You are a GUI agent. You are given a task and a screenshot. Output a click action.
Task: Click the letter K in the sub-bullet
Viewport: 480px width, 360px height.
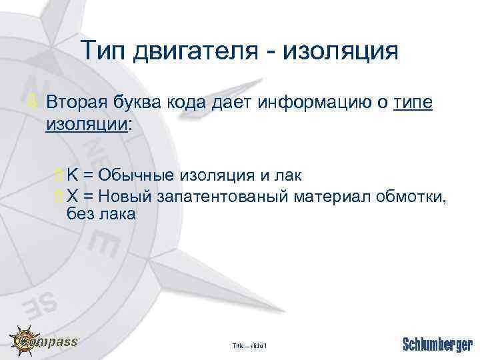73,175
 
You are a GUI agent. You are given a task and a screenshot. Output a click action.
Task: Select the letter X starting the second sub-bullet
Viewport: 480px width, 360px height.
73,197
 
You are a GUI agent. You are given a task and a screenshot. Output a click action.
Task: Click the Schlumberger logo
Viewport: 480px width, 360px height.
437,345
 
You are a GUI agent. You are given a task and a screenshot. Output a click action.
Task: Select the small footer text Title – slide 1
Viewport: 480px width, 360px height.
249,346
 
